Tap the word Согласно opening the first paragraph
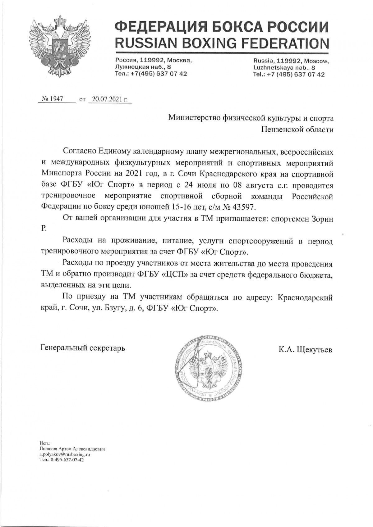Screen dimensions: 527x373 (80, 151)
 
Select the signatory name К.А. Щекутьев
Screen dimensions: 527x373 (305, 350)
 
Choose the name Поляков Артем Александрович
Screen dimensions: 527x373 (71, 448)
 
